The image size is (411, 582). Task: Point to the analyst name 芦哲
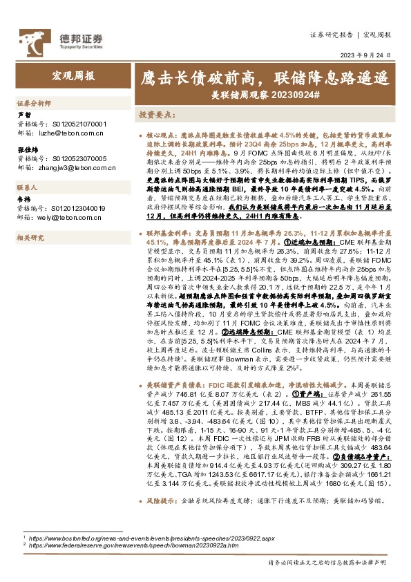click(x=23, y=115)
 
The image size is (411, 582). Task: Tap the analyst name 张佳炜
click(x=26, y=149)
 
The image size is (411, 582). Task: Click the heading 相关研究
click(x=31, y=237)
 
